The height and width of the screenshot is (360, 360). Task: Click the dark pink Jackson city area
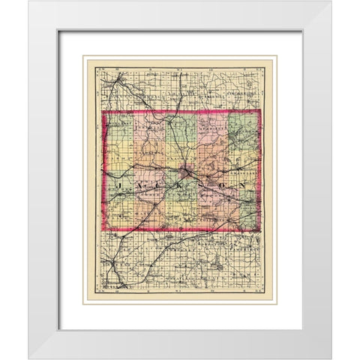coord(185,178)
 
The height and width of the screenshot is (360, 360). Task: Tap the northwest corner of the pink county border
coord(103,113)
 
